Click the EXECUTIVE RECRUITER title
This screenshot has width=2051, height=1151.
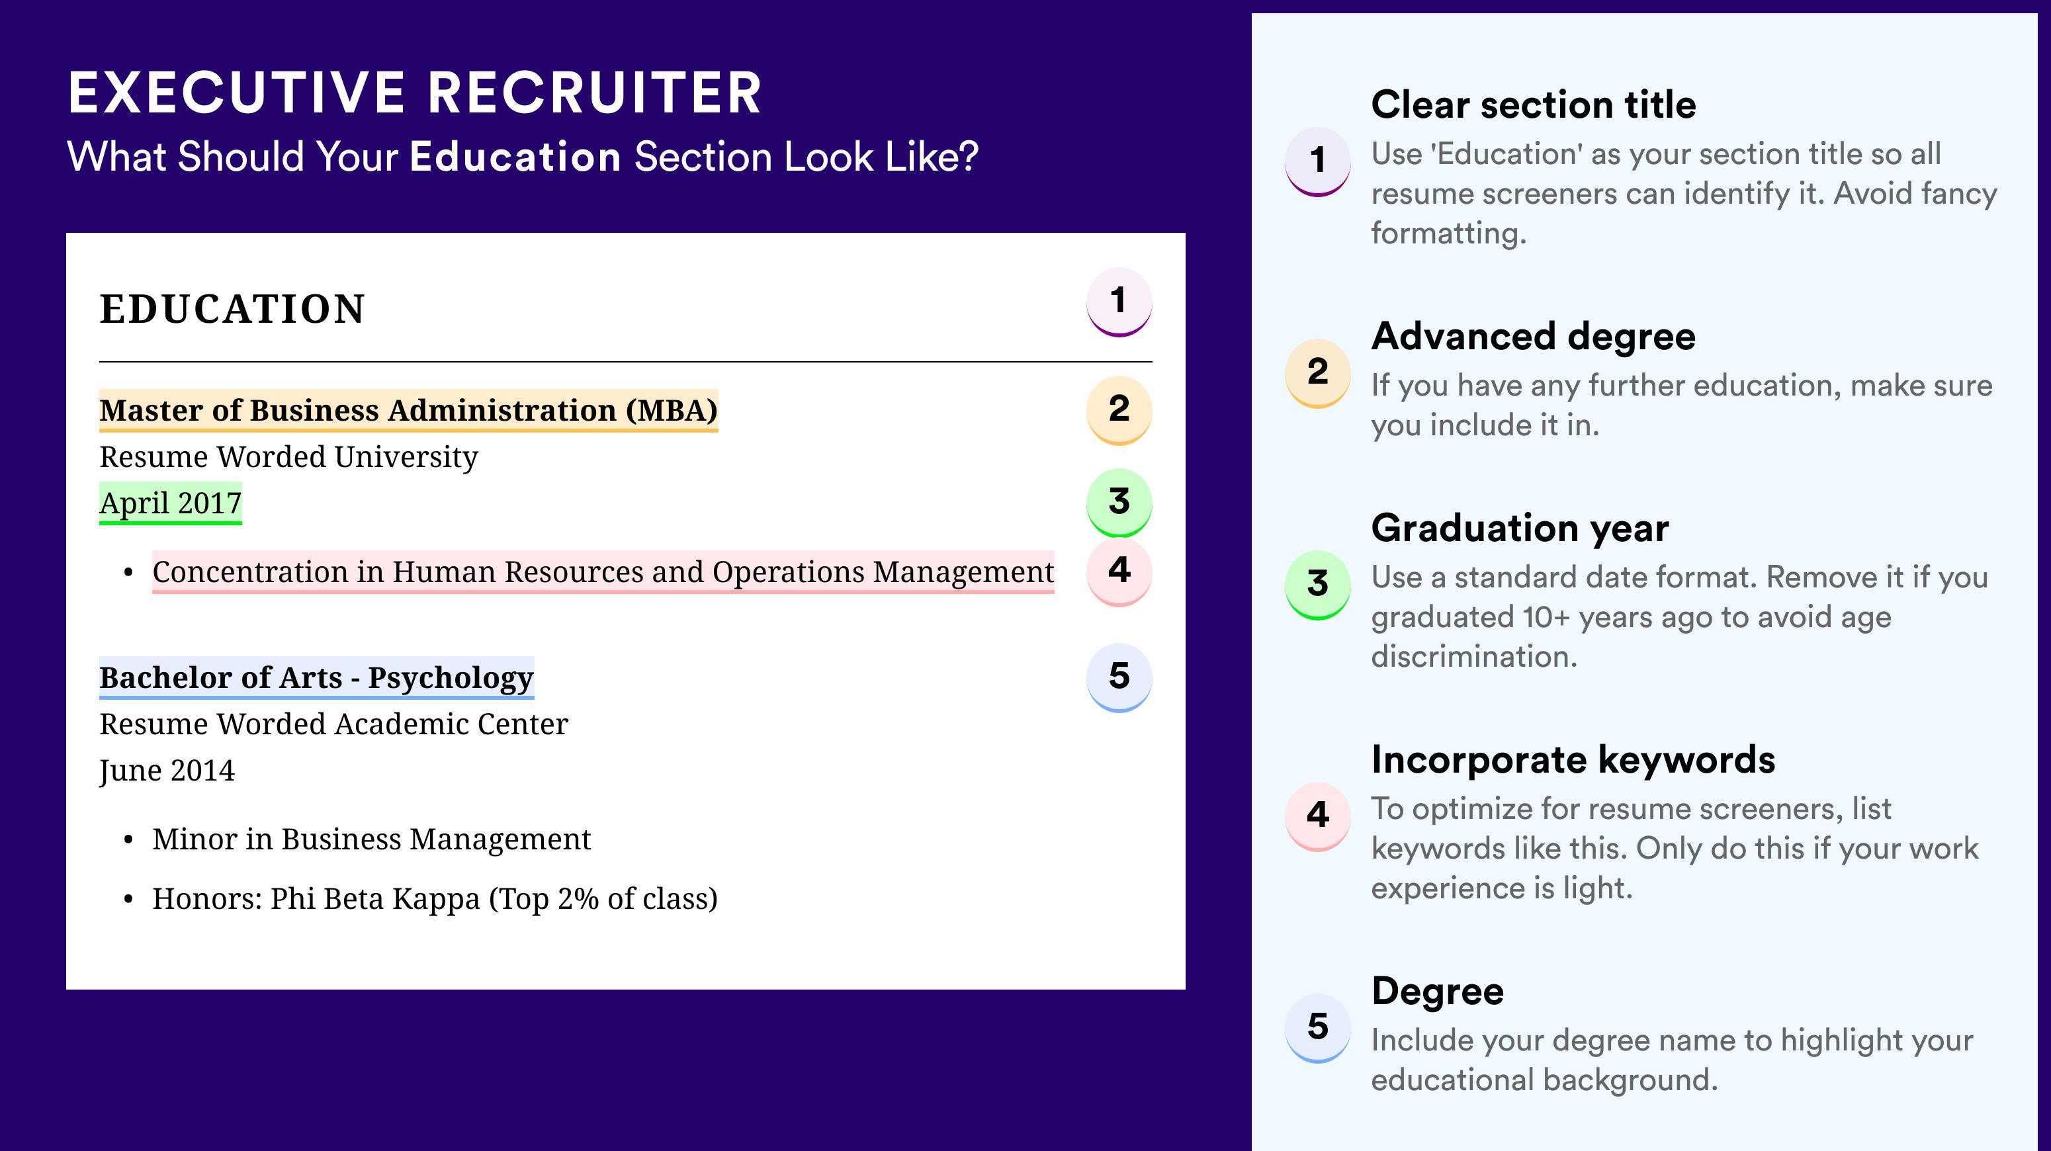coord(415,93)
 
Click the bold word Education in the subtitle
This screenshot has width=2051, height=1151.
coord(515,156)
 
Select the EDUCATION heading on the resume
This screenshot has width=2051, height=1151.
coord(232,309)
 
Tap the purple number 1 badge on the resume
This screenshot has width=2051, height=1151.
coord(1119,302)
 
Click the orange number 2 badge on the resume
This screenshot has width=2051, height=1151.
coord(1119,410)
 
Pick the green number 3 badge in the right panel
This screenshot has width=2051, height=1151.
coord(1318,585)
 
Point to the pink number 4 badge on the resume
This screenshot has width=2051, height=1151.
coord(1119,572)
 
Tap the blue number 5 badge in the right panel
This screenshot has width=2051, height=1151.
coord(1318,1027)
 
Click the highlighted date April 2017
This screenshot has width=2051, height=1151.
coord(171,503)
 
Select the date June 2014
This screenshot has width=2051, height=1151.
coord(167,771)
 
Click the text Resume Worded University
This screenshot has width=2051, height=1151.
coord(288,457)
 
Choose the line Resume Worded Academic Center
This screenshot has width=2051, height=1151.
coord(333,724)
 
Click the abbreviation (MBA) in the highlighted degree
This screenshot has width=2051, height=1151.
coord(671,411)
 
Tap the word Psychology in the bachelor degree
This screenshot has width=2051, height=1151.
coord(451,678)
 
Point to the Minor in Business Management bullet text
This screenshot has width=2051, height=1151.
coord(371,839)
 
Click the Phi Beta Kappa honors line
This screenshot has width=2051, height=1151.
coord(435,899)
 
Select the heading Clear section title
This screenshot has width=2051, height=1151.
coord(1534,105)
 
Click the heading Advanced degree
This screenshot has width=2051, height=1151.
coord(1534,337)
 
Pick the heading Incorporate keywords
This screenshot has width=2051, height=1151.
coord(1573,760)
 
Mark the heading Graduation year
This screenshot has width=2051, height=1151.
coord(1520,528)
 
